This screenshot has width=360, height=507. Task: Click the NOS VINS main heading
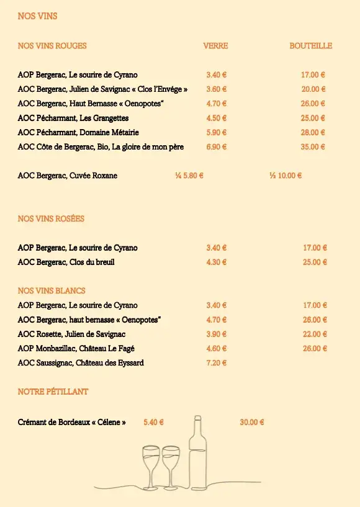pos(37,16)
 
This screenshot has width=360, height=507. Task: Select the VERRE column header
pos(215,46)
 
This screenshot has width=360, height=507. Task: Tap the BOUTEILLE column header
pos(310,46)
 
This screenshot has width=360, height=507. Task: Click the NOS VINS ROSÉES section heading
pos(51,219)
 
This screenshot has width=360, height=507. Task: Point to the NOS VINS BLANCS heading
pos(52,291)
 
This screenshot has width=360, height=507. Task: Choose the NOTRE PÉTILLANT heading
pos(53,392)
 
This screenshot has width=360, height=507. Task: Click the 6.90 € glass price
pos(216,147)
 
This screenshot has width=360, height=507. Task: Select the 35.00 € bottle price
pos(313,147)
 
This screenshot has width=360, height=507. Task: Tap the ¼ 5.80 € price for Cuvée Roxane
pos(189,176)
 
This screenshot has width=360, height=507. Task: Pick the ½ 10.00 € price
pos(286,176)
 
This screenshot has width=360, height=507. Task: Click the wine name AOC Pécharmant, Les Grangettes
pos(73,118)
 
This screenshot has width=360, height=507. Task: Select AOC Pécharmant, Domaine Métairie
pos(78,132)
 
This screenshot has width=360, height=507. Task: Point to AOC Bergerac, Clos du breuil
pos(66,262)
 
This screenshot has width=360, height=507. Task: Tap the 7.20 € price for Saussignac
pos(216,363)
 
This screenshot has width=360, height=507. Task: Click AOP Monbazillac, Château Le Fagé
pos(76,349)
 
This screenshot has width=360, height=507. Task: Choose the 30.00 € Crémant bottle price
pos(252,423)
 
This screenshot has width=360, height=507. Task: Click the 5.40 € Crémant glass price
pos(153,423)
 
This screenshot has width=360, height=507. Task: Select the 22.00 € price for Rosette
pos(315,334)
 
